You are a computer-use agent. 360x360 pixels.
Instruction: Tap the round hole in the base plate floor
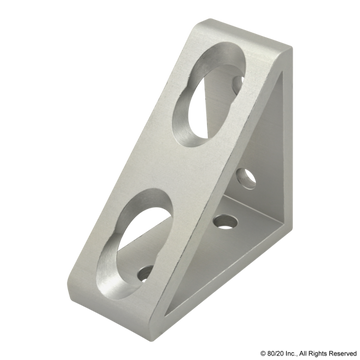pyautogui.click(x=228, y=217)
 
